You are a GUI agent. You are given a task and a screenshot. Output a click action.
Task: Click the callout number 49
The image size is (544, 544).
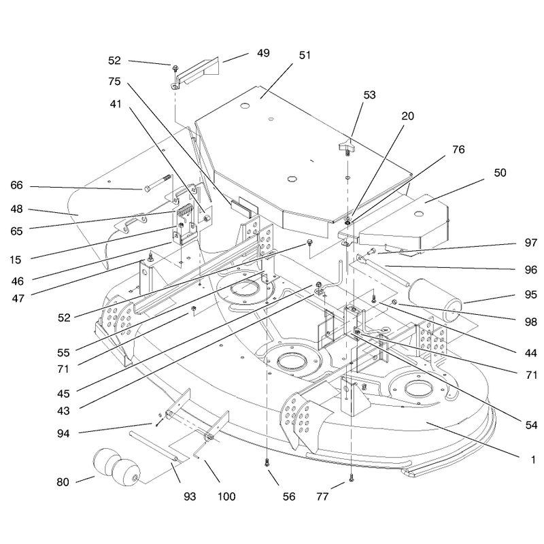[x=263, y=53]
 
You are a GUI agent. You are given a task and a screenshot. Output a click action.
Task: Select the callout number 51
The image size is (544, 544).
[x=305, y=55]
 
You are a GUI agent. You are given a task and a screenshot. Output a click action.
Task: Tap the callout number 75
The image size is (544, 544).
[x=114, y=81]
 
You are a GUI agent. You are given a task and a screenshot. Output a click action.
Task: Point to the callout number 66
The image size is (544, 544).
[x=16, y=185]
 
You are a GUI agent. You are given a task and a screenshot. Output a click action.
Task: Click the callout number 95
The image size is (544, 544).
[x=531, y=294]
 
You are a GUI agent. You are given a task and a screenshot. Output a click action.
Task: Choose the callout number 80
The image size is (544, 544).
[x=63, y=482]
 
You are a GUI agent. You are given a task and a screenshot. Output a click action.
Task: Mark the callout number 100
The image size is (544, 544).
[x=226, y=496]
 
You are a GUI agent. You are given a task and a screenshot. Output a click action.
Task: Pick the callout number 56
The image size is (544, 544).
[x=288, y=496]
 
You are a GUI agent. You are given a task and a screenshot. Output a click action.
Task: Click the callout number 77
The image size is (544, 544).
[x=322, y=496]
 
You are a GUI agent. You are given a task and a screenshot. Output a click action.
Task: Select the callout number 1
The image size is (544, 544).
[x=533, y=460]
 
